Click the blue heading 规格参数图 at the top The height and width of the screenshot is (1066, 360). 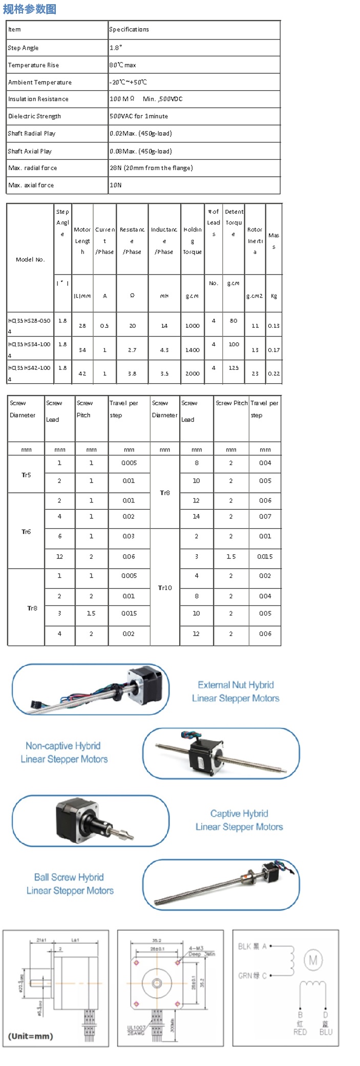point(29,9)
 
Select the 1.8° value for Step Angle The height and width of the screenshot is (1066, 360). point(116,48)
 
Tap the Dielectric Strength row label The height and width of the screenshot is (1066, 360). point(34,116)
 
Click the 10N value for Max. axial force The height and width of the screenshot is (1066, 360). point(116,185)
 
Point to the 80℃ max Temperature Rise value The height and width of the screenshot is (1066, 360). point(123,65)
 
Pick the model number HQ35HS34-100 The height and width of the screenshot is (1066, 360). point(29,345)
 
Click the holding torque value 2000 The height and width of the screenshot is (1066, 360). point(192,373)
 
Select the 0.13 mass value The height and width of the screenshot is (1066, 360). point(274,326)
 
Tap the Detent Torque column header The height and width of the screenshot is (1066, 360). point(234,222)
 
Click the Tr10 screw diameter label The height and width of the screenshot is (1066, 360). point(165,588)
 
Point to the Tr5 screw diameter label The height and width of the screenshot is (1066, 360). point(26,475)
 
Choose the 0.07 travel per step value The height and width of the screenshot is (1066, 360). point(265,516)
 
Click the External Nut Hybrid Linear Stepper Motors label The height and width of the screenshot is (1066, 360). point(236,692)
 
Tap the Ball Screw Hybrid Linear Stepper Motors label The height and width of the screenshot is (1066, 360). point(70,884)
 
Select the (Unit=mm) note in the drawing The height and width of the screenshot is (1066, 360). point(31,1036)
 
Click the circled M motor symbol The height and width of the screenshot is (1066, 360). point(313,960)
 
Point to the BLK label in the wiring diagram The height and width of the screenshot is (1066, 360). point(244,946)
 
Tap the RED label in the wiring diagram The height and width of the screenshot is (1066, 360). point(300,1032)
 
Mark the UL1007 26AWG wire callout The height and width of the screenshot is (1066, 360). point(136,1030)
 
